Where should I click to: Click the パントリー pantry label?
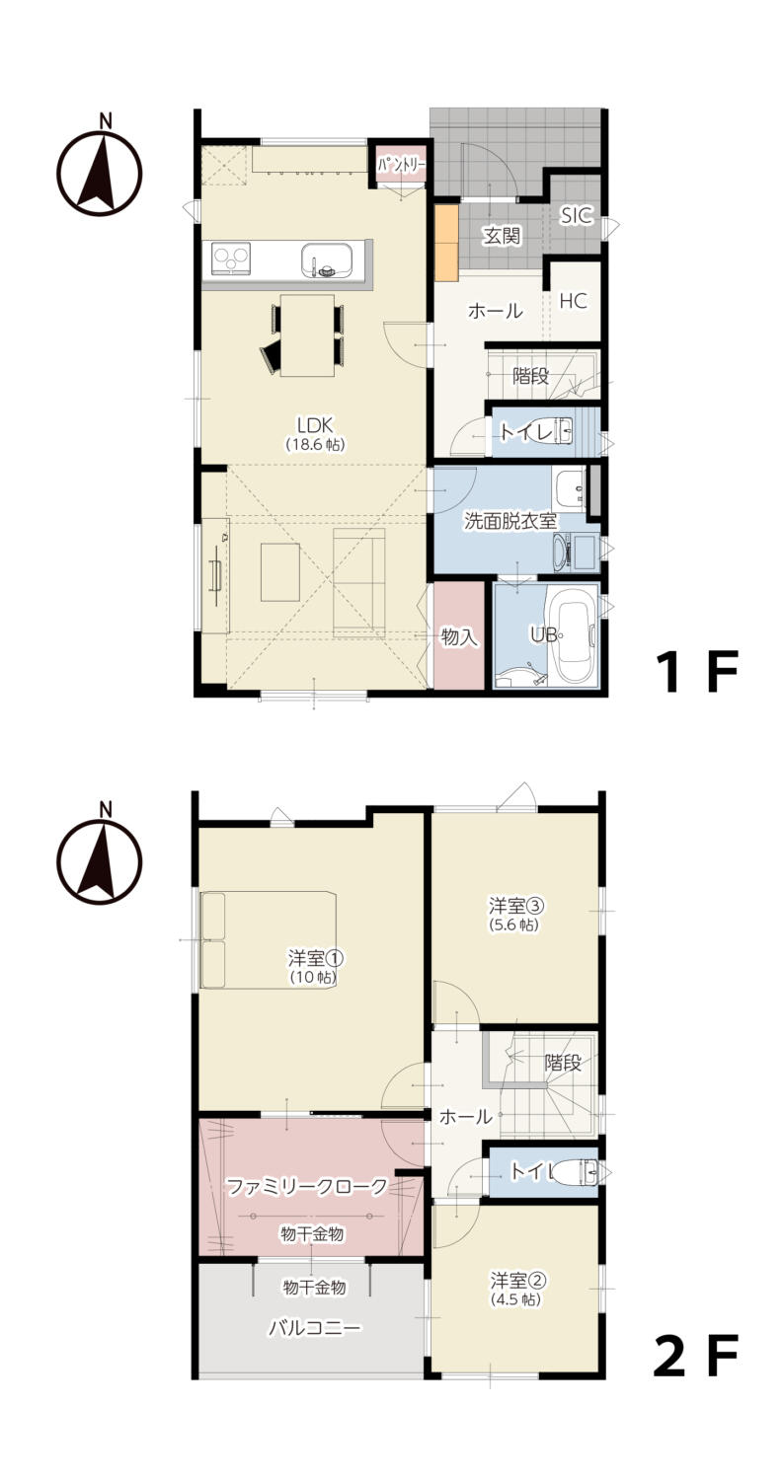click(401, 164)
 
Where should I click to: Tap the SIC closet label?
click(577, 215)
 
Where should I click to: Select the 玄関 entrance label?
click(501, 236)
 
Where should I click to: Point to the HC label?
click(573, 301)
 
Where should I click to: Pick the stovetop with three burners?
click(231, 258)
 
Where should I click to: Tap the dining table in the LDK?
click(307, 335)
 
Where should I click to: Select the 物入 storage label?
click(459, 637)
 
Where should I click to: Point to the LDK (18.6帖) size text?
click(315, 445)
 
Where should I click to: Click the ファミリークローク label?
click(307, 1187)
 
